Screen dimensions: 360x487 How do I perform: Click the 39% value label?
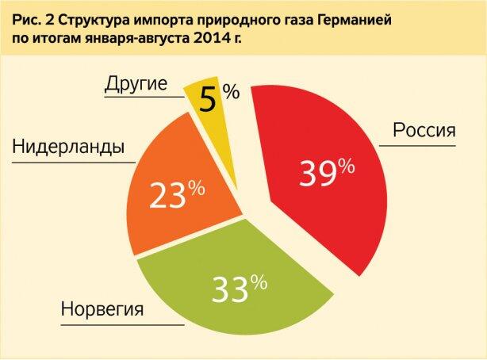click(326, 171)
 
